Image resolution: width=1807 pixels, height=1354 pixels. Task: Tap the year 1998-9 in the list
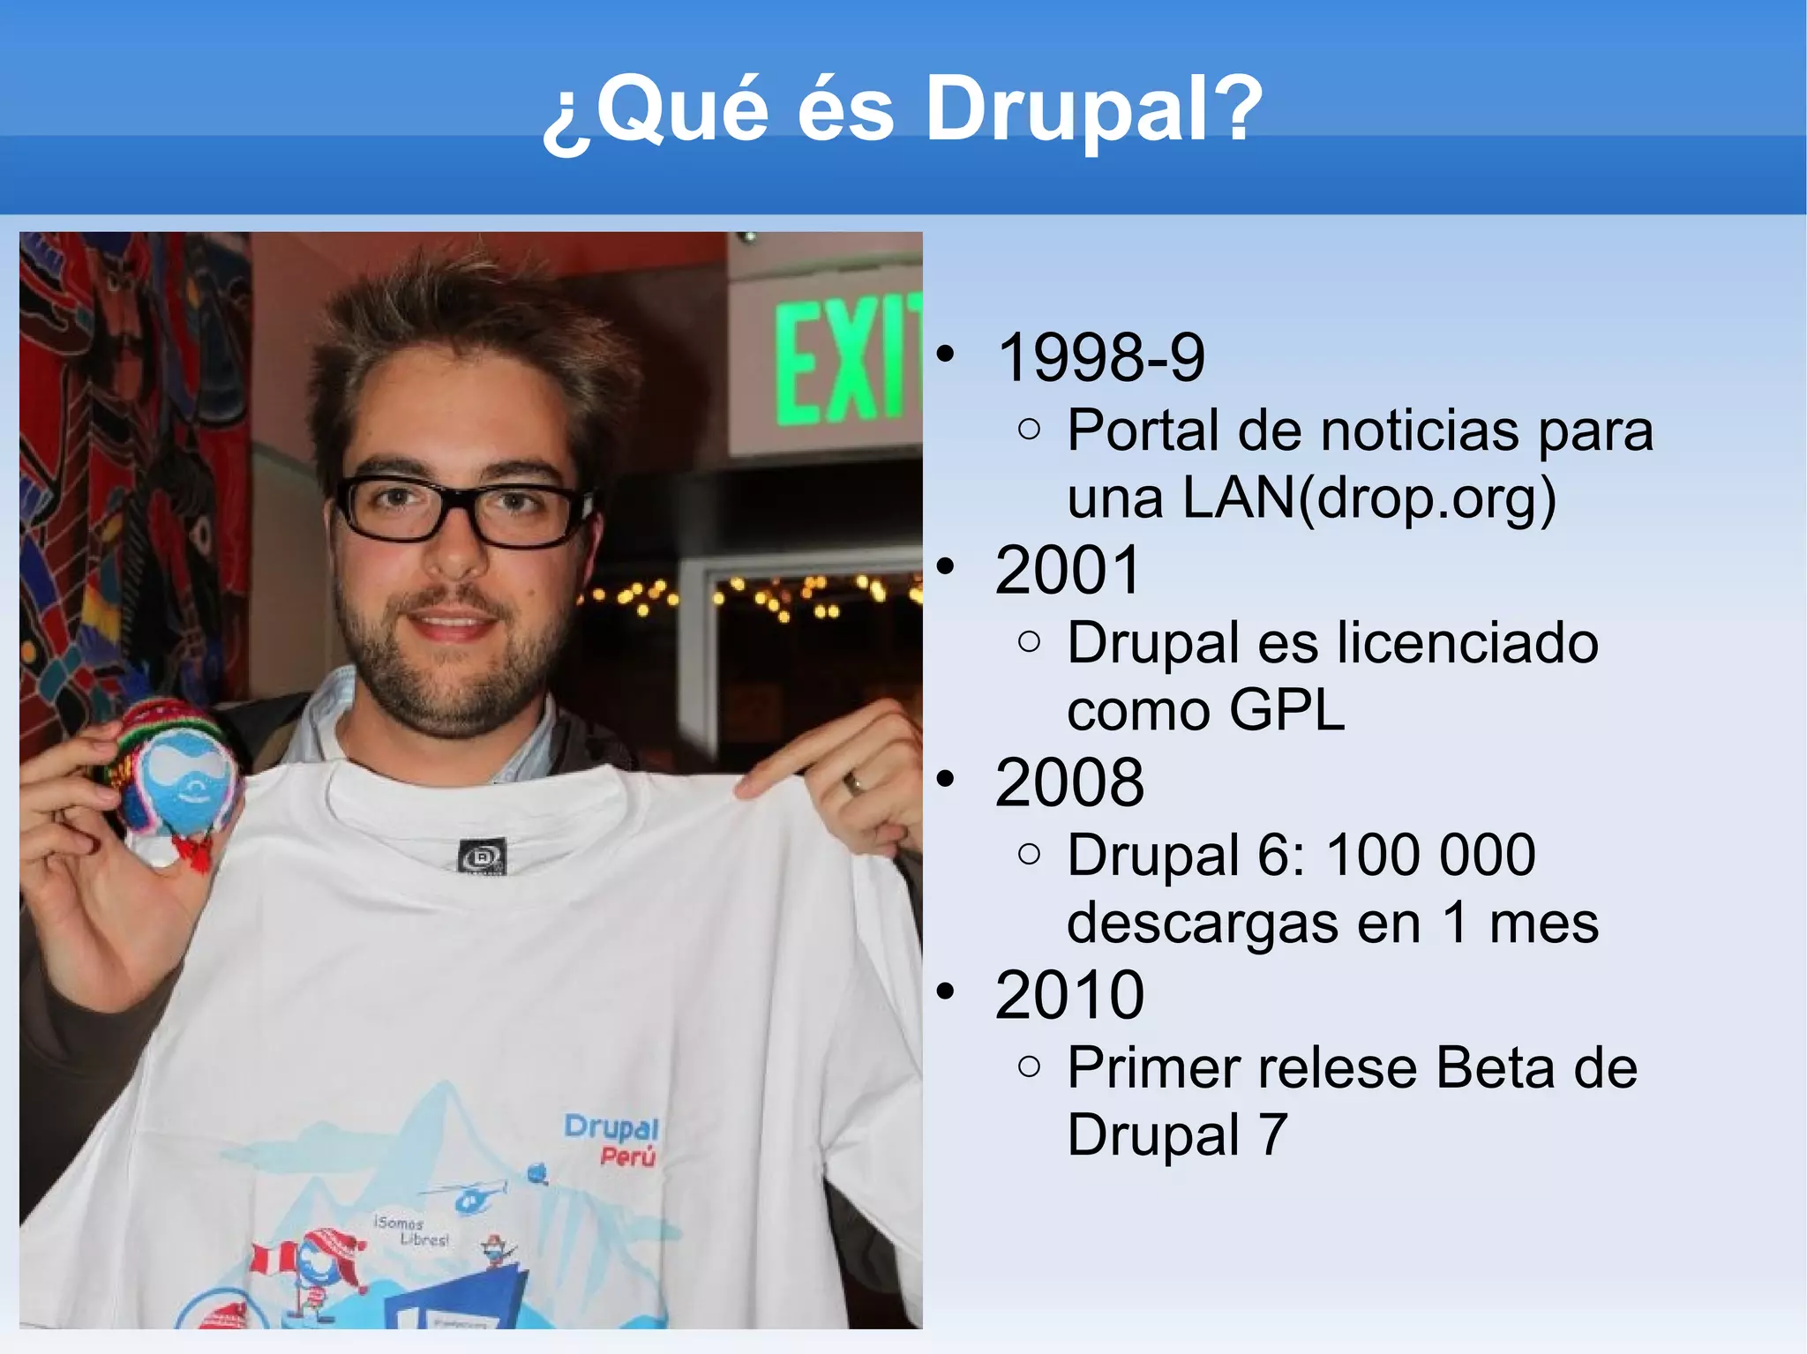click(1100, 358)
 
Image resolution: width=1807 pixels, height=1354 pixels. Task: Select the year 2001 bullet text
click(1068, 571)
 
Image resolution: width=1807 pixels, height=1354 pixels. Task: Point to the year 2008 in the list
click(1068, 783)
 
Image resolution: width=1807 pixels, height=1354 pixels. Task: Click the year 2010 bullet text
click(1068, 996)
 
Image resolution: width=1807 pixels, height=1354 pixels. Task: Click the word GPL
click(1286, 711)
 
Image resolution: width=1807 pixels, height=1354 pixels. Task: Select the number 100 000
click(1430, 856)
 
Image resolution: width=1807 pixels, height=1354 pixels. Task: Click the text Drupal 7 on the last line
click(1177, 1135)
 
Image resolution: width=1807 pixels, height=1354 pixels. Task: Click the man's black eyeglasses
click(463, 511)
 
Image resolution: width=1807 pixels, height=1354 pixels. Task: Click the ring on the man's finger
click(853, 782)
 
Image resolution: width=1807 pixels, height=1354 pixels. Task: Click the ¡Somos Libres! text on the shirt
click(411, 1231)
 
